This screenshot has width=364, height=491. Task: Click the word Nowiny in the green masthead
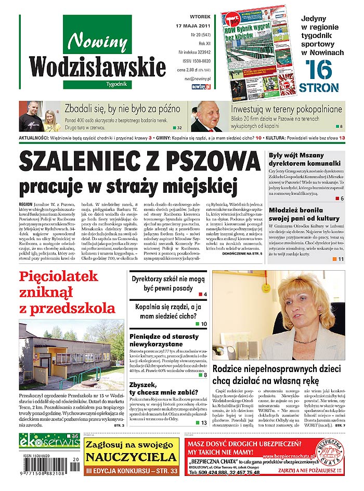97,40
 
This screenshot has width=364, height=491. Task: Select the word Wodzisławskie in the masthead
97,66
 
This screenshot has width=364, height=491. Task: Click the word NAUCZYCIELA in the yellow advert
131,457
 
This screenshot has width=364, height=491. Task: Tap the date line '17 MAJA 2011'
193,25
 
